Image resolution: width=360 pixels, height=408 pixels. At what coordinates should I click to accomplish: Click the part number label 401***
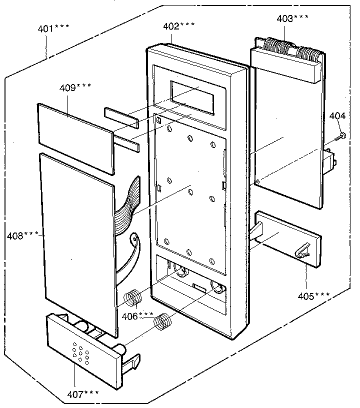(52, 29)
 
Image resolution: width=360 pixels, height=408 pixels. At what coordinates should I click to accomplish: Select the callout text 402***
(178, 25)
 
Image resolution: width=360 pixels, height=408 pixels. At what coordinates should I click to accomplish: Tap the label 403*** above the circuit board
(292, 18)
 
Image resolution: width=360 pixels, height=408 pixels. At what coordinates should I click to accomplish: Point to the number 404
(337, 116)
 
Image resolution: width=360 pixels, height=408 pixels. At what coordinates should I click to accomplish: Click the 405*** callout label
(313, 295)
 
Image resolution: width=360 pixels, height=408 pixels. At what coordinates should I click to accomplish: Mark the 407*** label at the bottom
(83, 394)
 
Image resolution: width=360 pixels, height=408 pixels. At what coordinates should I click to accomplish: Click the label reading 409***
(75, 87)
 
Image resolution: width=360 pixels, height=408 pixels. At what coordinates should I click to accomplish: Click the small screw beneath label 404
(340, 135)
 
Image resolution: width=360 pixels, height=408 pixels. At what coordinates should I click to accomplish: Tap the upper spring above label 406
(132, 298)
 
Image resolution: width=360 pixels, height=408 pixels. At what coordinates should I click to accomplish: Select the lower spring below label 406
(161, 322)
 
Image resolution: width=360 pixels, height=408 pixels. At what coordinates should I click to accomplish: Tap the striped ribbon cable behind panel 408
(128, 202)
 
